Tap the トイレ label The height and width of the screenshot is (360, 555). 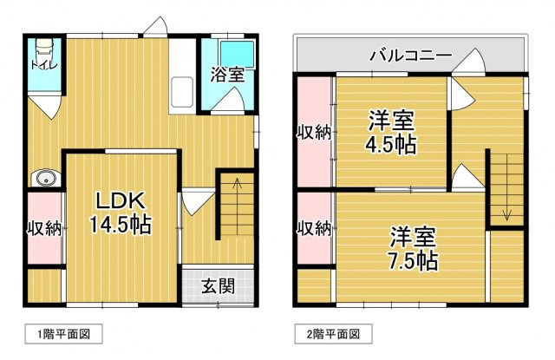[x=44, y=65]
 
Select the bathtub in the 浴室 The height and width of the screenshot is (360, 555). [x=238, y=54]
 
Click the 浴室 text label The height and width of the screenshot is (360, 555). [x=228, y=75]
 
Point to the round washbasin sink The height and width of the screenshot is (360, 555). [x=45, y=179]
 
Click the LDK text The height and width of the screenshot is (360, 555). [x=121, y=201]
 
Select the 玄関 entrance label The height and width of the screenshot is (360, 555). [x=218, y=286]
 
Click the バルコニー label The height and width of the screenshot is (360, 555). [x=411, y=56]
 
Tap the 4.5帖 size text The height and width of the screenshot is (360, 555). [x=391, y=144]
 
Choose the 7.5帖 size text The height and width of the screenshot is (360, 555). [x=413, y=261]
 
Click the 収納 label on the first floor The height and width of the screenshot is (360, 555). [x=45, y=229]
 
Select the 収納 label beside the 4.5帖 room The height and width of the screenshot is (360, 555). [x=314, y=133]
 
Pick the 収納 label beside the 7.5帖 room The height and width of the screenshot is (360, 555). [x=314, y=229]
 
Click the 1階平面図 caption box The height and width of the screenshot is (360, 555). [x=63, y=334]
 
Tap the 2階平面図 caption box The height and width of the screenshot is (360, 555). [x=333, y=334]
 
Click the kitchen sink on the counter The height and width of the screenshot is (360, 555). [x=182, y=92]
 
